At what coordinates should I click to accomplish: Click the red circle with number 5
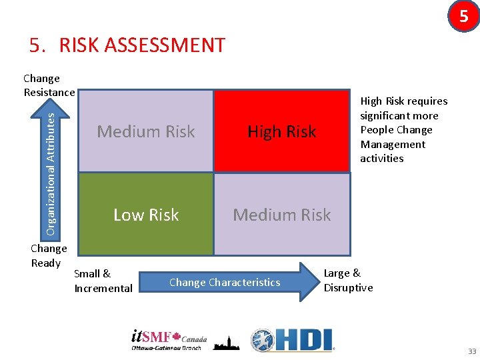pyautogui.click(x=463, y=16)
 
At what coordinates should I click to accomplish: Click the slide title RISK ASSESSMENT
pyautogui.click(x=127, y=45)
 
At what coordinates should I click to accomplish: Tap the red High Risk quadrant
pyautogui.click(x=281, y=131)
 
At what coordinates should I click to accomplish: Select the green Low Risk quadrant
pyautogui.click(x=145, y=215)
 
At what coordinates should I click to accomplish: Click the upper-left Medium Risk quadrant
pyautogui.click(x=145, y=131)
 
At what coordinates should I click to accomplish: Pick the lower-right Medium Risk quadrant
pyautogui.click(x=281, y=215)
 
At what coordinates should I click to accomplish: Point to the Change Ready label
pyautogui.click(x=49, y=255)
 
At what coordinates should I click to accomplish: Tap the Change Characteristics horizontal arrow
pyautogui.click(x=233, y=282)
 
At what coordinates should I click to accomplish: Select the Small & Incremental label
pyautogui.click(x=103, y=281)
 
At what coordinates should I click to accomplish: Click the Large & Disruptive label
pyautogui.click(x=348, y=280)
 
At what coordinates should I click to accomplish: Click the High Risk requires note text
pyautogui.click(x=403, y=129)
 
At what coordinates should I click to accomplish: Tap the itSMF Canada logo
pyautogui.click(x=169, y=340)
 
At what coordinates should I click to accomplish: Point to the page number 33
pyautogui.click(x=472, y=351)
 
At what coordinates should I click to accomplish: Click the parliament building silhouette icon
pyautogui.click(x=226, y=342)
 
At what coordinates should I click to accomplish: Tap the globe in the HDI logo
pyautogui.click(x=263, y=341)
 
